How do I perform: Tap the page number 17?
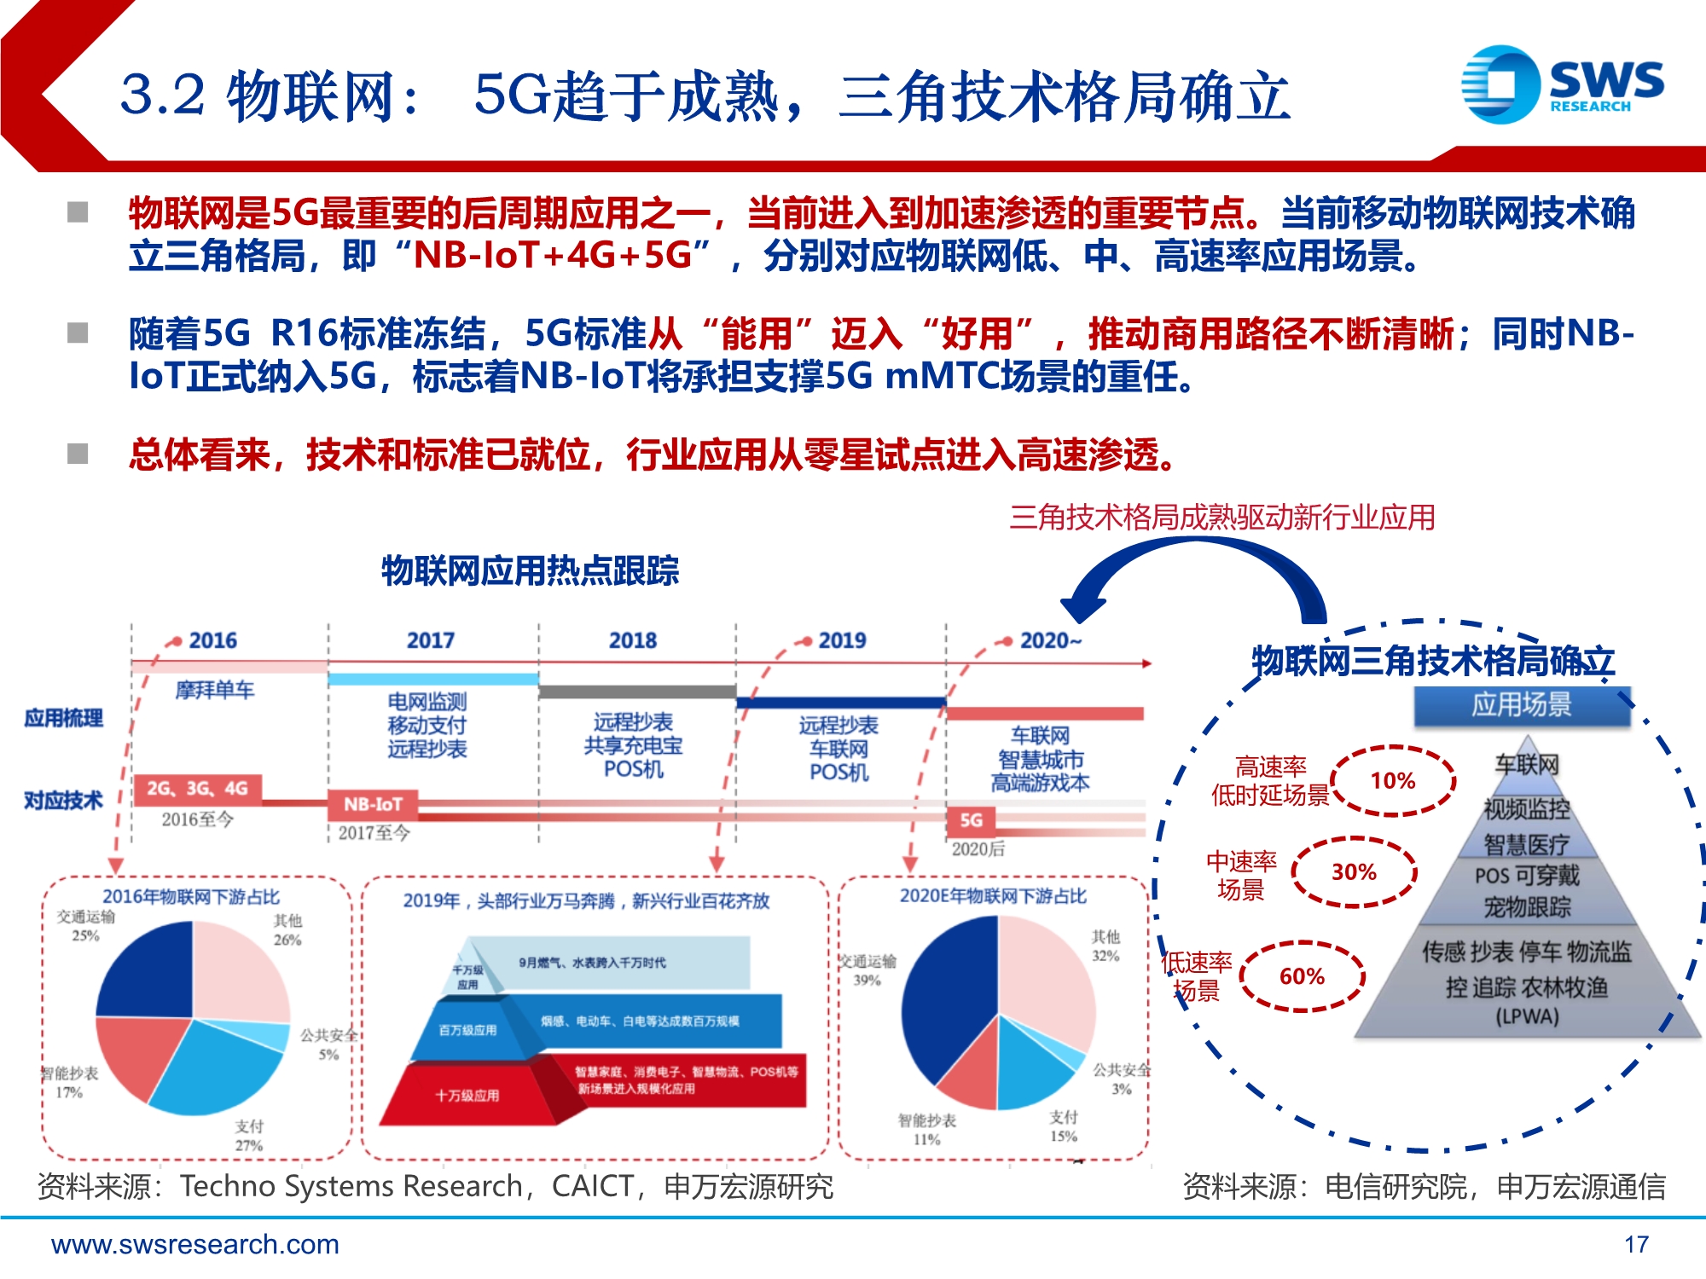point(1636,1245)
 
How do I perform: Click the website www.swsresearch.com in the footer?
point(195,1245)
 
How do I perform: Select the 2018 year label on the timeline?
point(633,640)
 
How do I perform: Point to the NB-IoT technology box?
point(373,804)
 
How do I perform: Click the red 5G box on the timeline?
point(971,820)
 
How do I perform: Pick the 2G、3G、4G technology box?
point(197,789)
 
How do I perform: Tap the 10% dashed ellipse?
point(1393,780)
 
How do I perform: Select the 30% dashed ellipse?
point(1354,872)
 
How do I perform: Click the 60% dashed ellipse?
point(1302,976)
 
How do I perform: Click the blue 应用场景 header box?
point(1522,706)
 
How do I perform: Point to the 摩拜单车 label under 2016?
point(215,690)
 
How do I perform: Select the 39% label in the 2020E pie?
point(867,981)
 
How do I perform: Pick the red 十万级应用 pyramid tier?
point(467,1096)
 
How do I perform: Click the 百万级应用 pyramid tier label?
point(467,1030)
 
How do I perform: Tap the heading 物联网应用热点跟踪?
point(530,570)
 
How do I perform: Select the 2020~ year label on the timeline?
point(1050,640)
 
